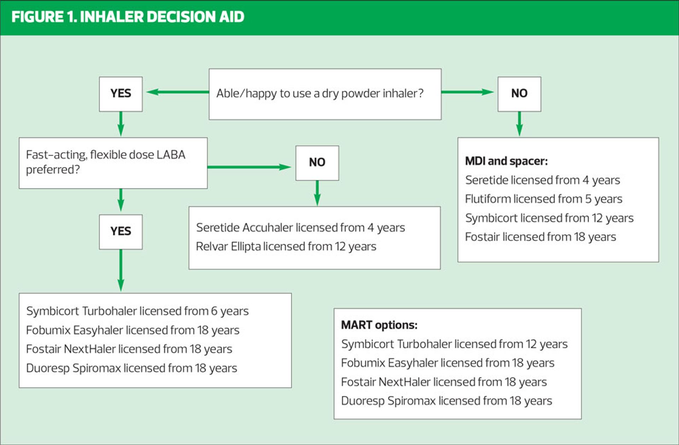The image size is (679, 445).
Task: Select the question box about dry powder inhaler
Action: pos(325,94)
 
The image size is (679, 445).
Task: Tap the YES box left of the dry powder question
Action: pos(121,94)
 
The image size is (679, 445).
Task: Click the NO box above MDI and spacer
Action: pos(519,94)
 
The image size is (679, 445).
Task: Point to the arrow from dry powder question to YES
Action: pos(178,92)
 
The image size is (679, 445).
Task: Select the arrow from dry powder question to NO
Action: pos(468,92)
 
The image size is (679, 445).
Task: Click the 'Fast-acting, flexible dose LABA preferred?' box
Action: pos(113,163)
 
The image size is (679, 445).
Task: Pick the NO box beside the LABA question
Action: pos(317,163)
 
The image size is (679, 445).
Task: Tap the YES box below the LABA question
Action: pos(121,232)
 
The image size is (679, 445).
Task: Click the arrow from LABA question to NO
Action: pos(249,167)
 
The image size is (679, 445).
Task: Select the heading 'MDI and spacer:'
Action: pos(506,161)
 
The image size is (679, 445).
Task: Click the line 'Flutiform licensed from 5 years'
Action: pos(544,199)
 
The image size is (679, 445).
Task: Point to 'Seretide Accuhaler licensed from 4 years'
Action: pos(301,228)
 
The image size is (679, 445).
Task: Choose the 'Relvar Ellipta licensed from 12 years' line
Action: pos(286,247)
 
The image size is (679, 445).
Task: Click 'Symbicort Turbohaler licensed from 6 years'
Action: pos(138,311)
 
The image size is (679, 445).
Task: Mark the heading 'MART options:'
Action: pos(379,325)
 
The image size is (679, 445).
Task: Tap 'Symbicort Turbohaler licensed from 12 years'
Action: pos(454,344)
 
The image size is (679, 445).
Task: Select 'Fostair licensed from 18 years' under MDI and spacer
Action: pos(540,237)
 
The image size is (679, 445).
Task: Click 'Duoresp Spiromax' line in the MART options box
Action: pos(447,401)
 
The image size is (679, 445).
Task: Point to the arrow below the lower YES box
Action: pos(121,270)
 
